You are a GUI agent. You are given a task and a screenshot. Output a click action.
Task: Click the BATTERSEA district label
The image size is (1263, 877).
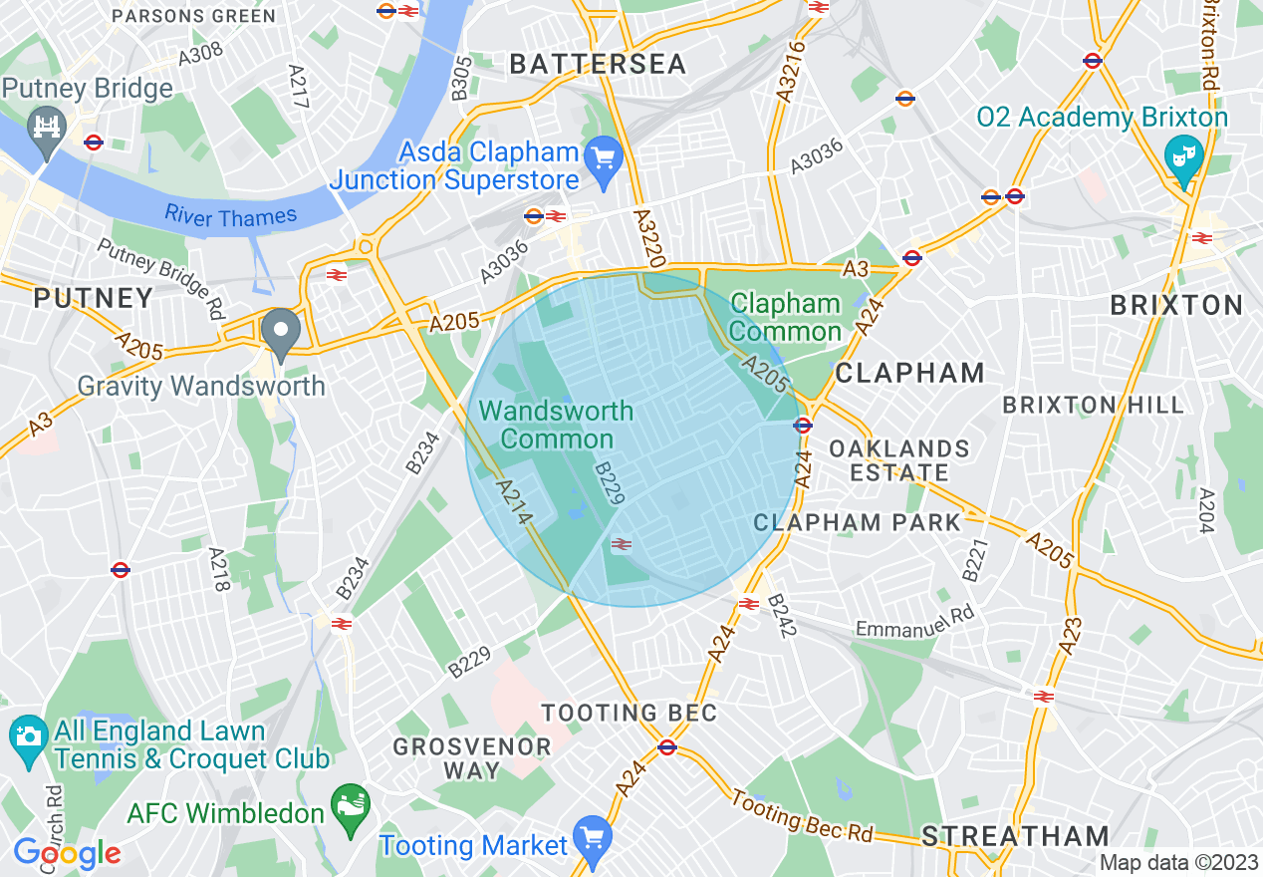coord(598,64)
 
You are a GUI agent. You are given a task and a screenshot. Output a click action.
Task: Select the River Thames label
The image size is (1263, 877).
coord(231,215)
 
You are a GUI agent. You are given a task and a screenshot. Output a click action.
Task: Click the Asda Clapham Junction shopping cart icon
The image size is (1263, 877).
coord(603,156)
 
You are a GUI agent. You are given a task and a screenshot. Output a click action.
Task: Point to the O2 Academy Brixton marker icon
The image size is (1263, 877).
coord(1184,156)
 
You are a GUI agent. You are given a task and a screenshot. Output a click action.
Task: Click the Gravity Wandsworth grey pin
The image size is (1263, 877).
coord(281,331)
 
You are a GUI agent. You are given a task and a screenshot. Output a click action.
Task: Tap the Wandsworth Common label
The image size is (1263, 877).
coord(556,425)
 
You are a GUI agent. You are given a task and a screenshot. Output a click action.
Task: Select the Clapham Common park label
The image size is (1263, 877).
coord(786,317)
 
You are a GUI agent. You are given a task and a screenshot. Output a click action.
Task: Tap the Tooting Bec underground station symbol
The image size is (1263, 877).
coord(667,746)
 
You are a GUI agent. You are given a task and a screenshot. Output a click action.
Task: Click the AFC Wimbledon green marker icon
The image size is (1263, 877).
coord(350,802)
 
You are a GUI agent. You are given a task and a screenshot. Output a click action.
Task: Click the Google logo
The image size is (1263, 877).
coord(67,853)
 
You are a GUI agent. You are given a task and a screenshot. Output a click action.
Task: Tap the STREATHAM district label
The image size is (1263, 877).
coord(1015,836)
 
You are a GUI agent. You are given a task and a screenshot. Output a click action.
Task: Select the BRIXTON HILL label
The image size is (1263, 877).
coord(1094,405)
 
